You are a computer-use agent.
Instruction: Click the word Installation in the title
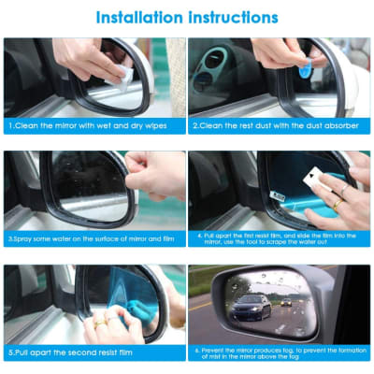tap(137, 17)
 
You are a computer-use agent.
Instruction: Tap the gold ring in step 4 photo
tap(337, 203)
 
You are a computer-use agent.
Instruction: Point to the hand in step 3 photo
tap(161, 172)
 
